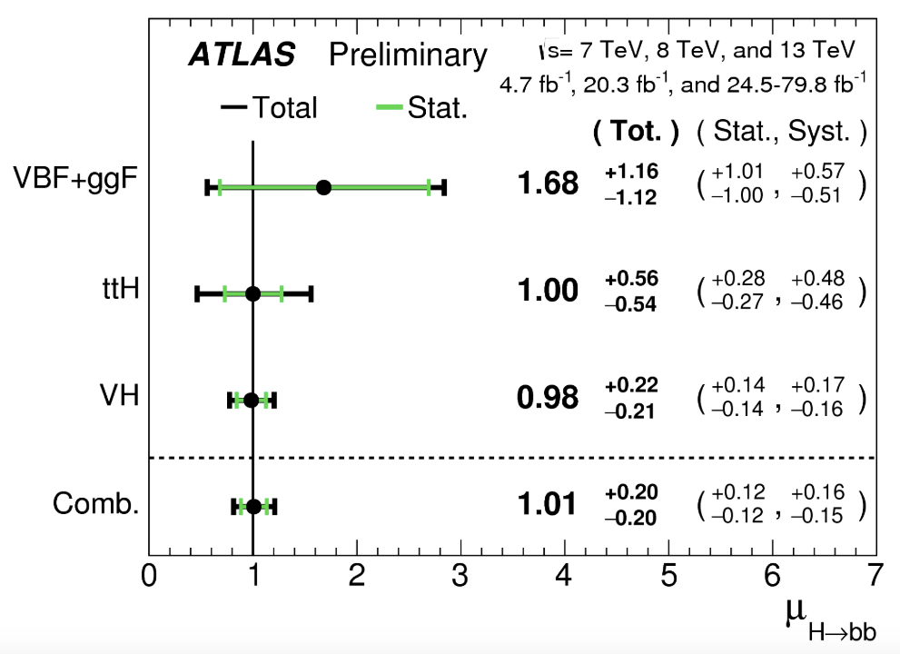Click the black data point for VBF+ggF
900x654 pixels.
coord(323,188)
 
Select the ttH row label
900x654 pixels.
coord(119,291)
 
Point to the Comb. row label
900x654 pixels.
coord(95,504)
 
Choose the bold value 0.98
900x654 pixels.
coord(547,397)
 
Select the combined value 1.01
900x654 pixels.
coord(547,504)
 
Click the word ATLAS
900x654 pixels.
coord(242,55)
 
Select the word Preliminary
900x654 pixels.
coord(408,55)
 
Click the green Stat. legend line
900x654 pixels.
coord(389,108)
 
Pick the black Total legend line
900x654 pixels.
coord(234,108)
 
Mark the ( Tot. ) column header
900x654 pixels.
coord(636,133)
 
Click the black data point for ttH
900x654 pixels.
coord(253,293)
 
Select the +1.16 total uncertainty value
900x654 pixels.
coord(631,172)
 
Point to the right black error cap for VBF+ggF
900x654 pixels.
coord(443,188)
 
